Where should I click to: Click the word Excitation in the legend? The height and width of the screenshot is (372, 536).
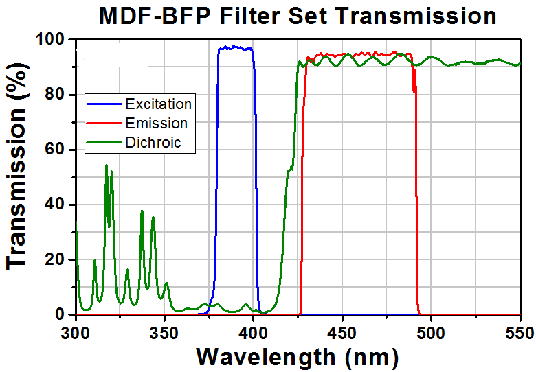click(158, 104)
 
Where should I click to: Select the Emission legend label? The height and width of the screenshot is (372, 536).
click(157, 124)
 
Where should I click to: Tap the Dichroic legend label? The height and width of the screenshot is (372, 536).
click(153, 143)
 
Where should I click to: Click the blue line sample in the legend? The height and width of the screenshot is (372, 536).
click(104, 104)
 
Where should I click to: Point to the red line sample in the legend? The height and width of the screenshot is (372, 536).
click(104, 124)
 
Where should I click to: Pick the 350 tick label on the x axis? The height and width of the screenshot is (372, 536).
click(164, 333)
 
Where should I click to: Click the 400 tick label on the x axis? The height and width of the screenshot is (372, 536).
click(254, 333)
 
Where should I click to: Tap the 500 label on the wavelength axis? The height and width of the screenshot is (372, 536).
click(431, 333)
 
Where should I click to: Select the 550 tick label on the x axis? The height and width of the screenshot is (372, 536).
click(521, 333)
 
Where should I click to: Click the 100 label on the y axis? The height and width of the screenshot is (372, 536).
click(50, 40)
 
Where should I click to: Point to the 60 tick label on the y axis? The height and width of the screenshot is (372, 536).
click(55, 150)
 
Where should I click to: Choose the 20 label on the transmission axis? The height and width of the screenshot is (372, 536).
click(55, 259)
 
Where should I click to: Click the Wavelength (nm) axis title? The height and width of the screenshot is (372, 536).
click(298, 358)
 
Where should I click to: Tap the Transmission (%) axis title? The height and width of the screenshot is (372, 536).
click(16, 166)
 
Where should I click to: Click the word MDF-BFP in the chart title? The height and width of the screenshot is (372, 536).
click(153, 16)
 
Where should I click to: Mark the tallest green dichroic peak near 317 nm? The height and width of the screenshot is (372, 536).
click(107, 165)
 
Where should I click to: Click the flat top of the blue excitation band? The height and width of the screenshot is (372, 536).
click(235, 48)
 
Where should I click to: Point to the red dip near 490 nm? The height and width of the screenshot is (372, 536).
click(414, 91)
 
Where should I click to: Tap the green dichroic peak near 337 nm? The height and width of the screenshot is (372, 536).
click(142, 211)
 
